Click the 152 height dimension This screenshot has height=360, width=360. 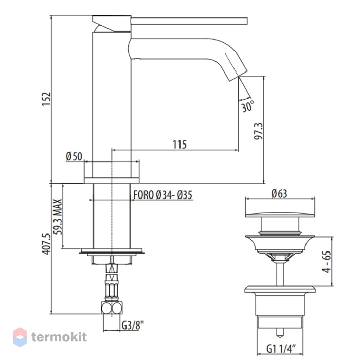point(46,99)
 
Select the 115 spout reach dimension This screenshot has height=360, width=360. point(179,145)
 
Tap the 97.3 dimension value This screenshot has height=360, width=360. point(259,131)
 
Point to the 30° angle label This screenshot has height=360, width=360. point(247,106)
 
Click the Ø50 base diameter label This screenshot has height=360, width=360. point(74,156)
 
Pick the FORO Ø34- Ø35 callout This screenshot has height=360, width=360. point(163,195)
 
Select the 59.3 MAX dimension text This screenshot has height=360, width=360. point(58,217)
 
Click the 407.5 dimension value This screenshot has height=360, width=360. point(46,244)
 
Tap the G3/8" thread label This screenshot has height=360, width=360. point(133,325)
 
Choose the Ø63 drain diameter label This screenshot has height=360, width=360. point(279,193)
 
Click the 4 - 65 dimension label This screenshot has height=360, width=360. point(327,261)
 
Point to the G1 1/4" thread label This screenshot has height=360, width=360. point(281,349)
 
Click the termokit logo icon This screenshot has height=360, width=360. point(20,337)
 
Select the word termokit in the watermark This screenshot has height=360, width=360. point(59,337)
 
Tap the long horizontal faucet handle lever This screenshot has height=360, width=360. point(189,21)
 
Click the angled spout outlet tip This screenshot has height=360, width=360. point(238,74)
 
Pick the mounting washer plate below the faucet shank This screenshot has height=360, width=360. point(112,251)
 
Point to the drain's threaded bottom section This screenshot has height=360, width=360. point(280,322)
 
